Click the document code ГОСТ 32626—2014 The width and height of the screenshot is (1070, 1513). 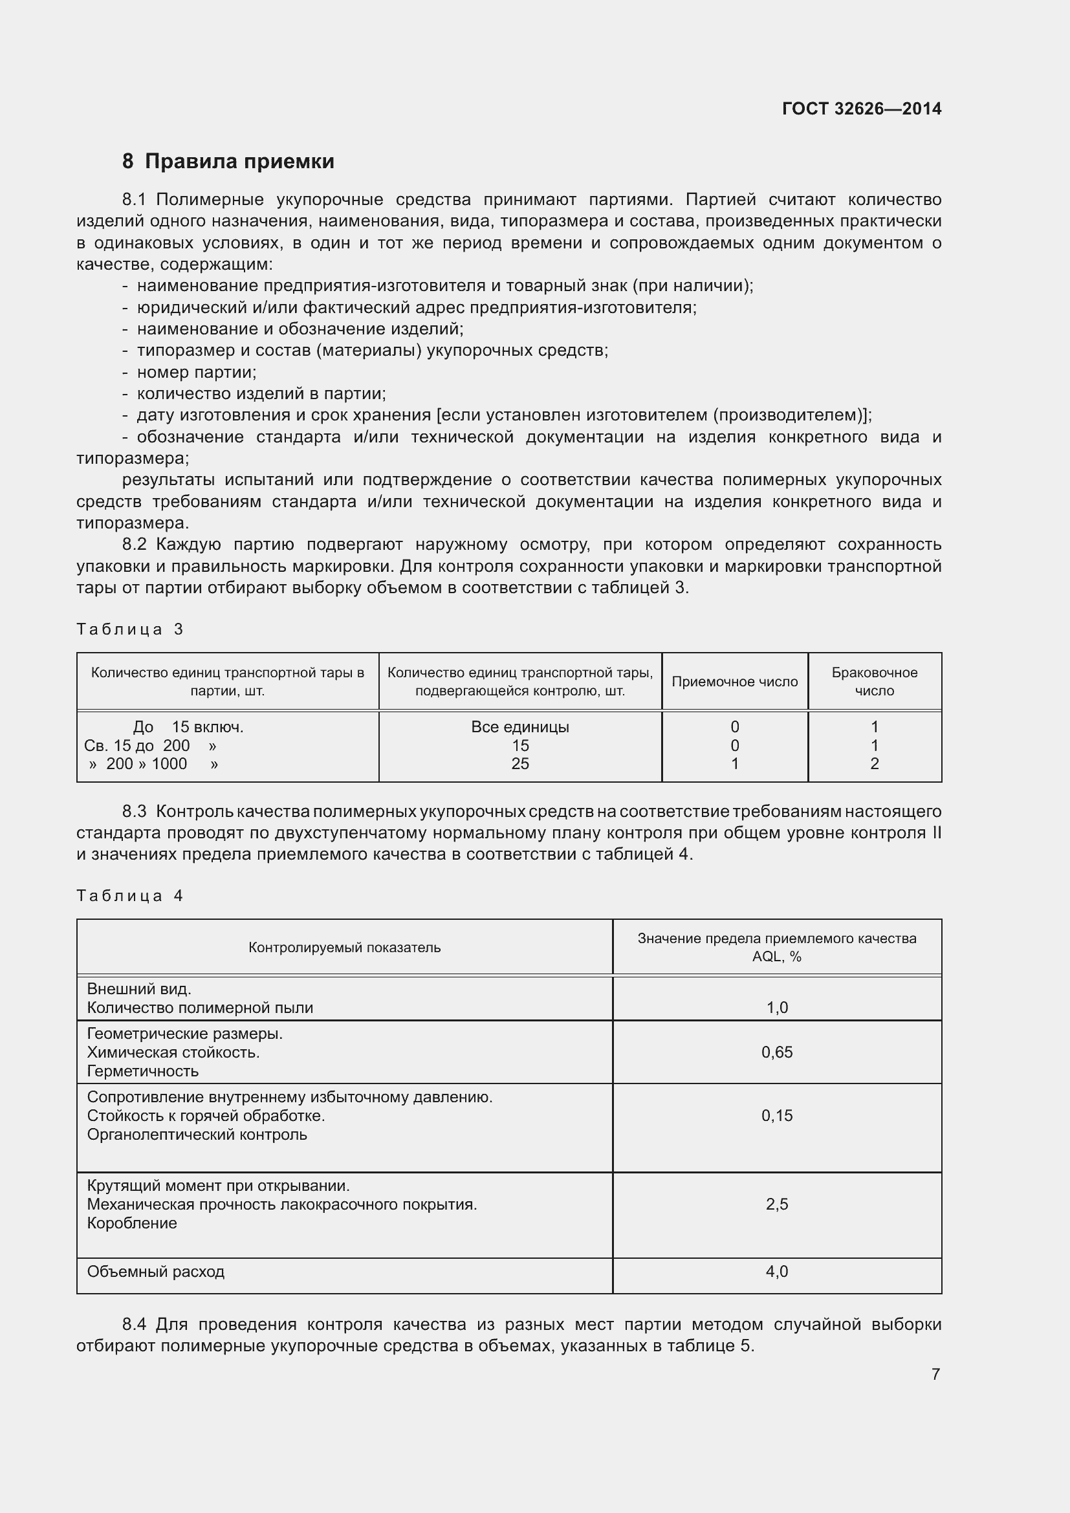coord(861,109)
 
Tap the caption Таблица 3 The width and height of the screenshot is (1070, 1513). coord(130,629)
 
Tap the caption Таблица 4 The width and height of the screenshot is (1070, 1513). coord(130,895)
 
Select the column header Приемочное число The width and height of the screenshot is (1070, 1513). coord(734,682)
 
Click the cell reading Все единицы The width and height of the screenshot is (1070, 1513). coord(520,727)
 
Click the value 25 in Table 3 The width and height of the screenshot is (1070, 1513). coord(520,764)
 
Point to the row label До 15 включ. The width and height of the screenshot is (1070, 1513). coord(188,727)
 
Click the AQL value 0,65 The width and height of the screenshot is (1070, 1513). coord(776,1052)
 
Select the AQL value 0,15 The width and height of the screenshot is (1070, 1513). coord(776,1116)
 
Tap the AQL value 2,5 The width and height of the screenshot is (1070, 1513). coord(776,1204)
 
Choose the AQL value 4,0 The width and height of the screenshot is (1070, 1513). coord(776,1272)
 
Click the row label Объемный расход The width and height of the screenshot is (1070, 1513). coord(155,1272)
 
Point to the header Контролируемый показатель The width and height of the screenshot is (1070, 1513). coord(344,948)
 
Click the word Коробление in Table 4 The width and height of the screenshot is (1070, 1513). coord(132,1223)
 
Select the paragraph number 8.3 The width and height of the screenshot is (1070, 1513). coord(135,811)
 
